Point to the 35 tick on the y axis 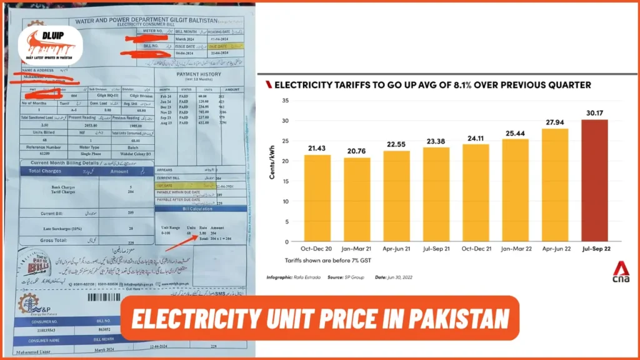tap(286, 101)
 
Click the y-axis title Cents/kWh tap(272, 164)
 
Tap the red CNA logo tap(621, 273)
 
